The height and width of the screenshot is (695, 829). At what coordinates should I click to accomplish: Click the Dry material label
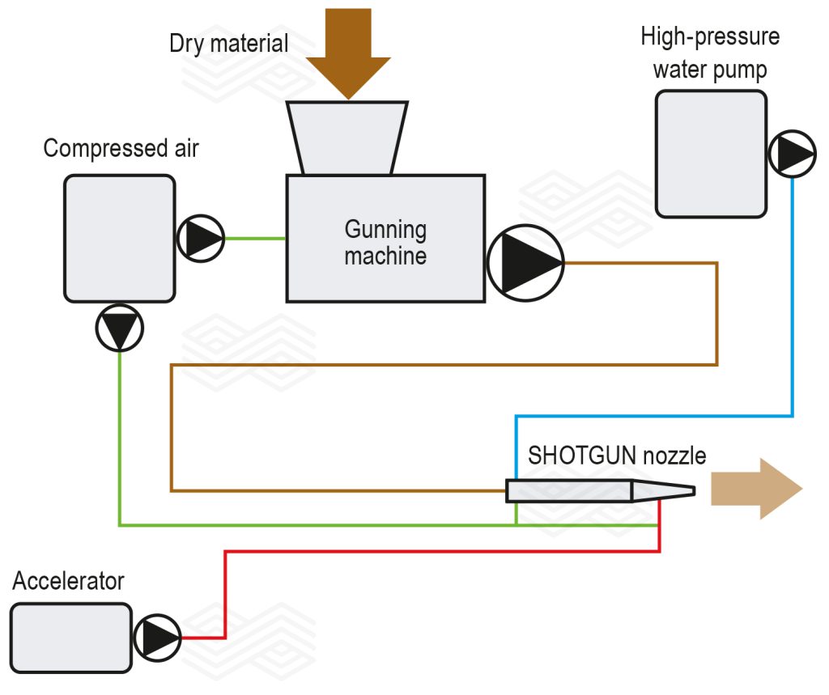pos(229,43)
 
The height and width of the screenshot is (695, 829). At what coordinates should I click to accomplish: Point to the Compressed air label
pos(121,149)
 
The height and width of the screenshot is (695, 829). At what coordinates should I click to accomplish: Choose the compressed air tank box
pos(120,239)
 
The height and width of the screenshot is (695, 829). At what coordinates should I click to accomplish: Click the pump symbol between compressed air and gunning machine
pos(200,239)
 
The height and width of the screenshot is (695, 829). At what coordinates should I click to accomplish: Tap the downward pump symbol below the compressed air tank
pos(120,328)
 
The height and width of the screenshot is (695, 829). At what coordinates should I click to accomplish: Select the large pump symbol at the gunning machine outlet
pos(525,263)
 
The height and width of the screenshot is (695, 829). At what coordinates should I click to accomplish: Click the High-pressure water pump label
pos(710,53)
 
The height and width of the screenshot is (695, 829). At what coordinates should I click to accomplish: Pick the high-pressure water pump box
pos(710,154)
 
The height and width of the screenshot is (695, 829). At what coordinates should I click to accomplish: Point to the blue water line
pos(792,324)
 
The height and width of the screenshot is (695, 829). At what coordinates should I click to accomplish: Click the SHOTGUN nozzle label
pos(617,456)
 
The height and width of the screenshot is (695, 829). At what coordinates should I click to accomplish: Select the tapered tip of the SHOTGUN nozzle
pos(664,490)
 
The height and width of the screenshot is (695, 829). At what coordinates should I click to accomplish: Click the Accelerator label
pos(69,581)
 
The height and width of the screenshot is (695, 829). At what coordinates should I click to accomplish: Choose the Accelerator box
pos(71,638)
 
